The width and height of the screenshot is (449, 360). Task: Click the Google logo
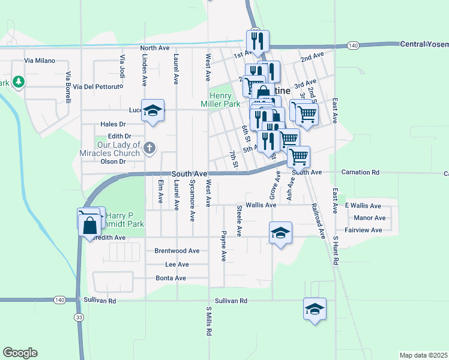coord(20,353)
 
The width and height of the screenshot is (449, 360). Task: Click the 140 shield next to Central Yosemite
coord(353,45)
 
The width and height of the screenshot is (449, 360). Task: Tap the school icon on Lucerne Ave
coord(153,110)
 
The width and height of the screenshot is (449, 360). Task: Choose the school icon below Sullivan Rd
coord(315,309)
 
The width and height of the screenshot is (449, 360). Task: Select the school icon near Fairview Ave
coord(280,232)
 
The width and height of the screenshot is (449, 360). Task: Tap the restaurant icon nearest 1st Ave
coord(258,41)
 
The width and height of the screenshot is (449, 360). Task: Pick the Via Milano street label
coord(40,61)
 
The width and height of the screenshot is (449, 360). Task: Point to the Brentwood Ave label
coord(177,251)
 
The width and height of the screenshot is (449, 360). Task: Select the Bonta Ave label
coord(171,278)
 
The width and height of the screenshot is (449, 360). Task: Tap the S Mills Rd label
coord(209,322)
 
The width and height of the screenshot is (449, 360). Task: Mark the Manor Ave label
coord(370,218)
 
